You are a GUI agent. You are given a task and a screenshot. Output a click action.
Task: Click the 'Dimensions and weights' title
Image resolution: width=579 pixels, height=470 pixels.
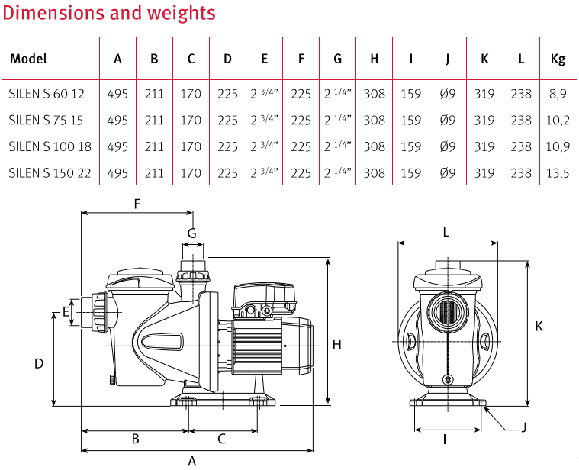pyautogui.click(x=108, y=13)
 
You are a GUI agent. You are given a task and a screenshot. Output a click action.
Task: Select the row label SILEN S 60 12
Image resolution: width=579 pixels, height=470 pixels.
pyautogui.click(x=47, y=94)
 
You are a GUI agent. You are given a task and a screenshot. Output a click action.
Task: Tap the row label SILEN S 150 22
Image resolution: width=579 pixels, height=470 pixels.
pyautogui.click(x=50, y=173)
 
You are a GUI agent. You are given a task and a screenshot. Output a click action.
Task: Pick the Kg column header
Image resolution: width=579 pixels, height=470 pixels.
pyautogui.click(x=558, y=59)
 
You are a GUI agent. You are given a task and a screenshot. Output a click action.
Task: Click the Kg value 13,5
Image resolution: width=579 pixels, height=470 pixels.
pyautogui.click(x=558, y=173)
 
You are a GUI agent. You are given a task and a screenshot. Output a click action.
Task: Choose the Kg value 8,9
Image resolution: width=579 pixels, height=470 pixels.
pyautogui.click(x=558, y=94)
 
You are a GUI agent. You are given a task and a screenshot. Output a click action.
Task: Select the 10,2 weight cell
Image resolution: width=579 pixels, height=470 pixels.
pyautogui.click(x=558, y=120)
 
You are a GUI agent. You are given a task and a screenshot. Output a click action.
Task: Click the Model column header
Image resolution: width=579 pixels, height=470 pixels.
pyautogui.click(x=29, y=59)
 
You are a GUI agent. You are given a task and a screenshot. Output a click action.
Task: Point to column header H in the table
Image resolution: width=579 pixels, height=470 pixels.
pyautogui.click(x=374, y=59)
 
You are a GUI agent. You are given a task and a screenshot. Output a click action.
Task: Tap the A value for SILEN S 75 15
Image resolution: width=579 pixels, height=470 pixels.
pyautogui.click(x=117, y=120)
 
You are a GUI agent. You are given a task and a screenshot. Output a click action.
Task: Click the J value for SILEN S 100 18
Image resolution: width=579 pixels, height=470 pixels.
pyautogui.click(x=448, y=146)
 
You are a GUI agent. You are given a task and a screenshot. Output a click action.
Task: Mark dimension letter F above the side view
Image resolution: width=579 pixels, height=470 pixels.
pyautogui.click(x=137, y=204)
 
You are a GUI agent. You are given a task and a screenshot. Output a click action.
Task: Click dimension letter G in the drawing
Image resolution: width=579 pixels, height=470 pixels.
pyautogui.click(x=192, y=232)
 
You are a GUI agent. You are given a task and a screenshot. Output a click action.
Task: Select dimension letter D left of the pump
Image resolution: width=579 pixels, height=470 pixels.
pyautogui.click(x=39, y=364)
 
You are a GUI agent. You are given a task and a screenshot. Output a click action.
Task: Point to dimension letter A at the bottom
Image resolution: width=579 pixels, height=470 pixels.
pyautogui.click(x=192, y=459)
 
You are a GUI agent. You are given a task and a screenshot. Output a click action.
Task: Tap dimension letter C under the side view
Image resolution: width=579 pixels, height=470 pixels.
pyautogui.click(x=222, y=439)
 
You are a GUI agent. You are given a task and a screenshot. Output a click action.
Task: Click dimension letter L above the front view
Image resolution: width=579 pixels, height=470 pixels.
pyautogui.click(x=446, y=231)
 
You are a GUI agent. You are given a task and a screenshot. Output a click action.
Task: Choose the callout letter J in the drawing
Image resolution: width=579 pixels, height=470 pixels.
pyautogui.click(x=524, y=428)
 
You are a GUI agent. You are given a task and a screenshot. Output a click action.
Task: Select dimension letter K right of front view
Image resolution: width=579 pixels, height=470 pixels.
pyautogui.click(x=539, y=326)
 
